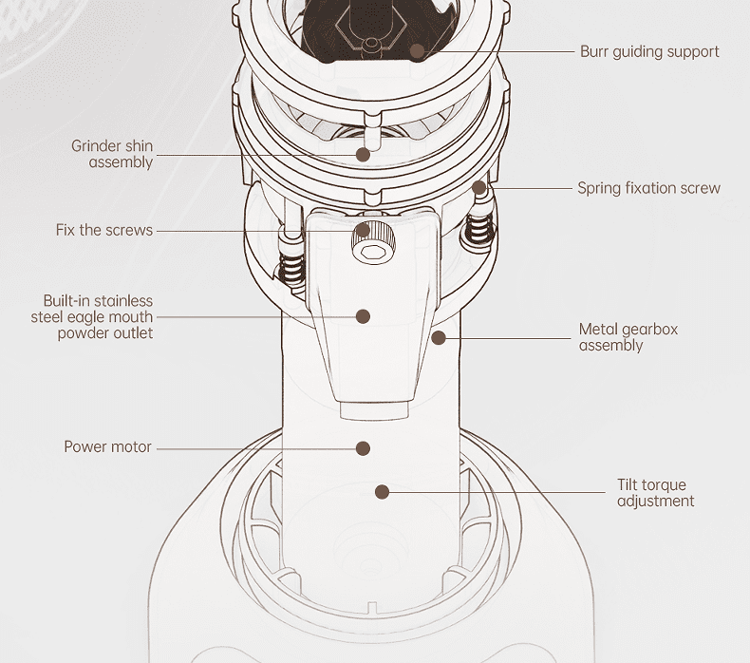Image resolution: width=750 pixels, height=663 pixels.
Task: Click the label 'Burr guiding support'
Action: point(649,51)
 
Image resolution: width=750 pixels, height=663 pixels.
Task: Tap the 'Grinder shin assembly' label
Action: point(112,154)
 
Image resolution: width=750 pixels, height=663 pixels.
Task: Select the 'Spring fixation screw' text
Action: point(648,188)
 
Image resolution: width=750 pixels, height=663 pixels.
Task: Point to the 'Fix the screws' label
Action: point(103,230)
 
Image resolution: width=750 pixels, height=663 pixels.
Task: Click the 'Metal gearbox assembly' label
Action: point(628,337)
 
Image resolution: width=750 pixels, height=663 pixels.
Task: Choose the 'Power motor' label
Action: point(107,446)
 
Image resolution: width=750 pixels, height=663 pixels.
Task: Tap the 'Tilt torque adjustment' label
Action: point(655,493)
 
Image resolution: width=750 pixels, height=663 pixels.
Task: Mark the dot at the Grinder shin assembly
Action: point(363,154)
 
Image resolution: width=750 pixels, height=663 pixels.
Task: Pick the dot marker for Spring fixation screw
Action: point(480,188)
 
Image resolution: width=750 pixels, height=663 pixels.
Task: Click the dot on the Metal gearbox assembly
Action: point(438,336)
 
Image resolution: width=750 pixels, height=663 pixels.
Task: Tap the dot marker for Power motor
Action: point(363,447)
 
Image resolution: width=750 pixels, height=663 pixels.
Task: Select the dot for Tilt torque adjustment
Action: point(382,492)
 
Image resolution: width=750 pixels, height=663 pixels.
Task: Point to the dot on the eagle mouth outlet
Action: point(363,316)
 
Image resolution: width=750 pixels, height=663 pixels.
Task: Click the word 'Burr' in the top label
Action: point(595,51)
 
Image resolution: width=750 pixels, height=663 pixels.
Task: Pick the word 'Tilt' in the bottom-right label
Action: point(629,485)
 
